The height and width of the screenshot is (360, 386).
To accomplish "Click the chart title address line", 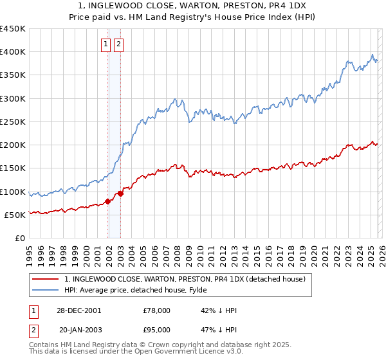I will click(x=193, y=5).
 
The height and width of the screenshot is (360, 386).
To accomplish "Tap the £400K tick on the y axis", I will click(x=13, y=52).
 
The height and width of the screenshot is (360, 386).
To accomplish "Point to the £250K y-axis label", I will click(x=13, y=122).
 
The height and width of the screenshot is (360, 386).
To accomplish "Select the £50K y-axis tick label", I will click(x=15, y=215).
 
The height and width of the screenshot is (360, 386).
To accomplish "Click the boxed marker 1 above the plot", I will click(x=105, y=44).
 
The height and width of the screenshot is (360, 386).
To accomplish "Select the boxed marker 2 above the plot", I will click(x=119, y=44).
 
